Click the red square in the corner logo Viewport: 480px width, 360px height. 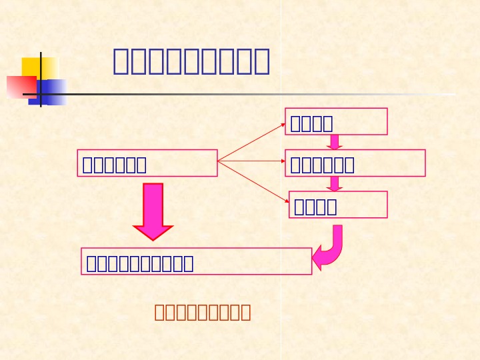[20, 87]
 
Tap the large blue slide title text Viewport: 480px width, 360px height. [191, 61]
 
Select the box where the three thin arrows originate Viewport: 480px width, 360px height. [147, 163]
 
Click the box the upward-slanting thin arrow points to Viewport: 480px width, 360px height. [336, 121]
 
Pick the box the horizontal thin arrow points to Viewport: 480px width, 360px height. [355, 163]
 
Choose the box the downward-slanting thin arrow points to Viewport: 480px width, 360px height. [338, 205]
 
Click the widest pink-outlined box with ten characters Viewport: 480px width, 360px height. [197, 261]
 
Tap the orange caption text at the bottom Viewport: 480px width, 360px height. [203, 312]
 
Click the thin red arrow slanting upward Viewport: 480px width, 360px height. [251, 142]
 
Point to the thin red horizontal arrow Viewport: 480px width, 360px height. [251, 161]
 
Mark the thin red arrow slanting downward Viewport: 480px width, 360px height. [254, 181]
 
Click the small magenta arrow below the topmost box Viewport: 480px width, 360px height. [335, 142]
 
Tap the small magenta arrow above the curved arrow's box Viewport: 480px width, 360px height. [335, 183]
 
